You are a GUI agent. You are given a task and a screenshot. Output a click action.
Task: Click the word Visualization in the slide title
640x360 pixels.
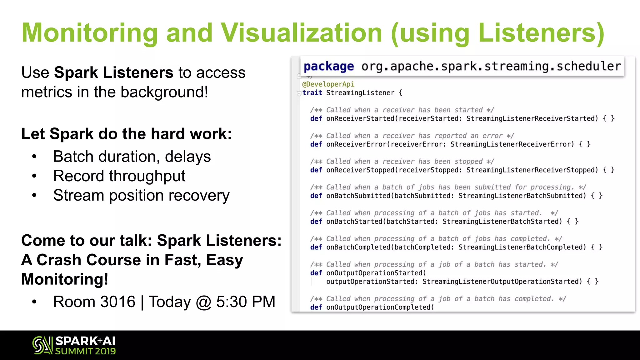click(301, 33)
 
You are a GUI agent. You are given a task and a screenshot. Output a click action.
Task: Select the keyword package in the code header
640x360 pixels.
click(329, 66)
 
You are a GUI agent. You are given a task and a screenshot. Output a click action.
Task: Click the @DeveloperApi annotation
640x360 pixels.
click(328, 84)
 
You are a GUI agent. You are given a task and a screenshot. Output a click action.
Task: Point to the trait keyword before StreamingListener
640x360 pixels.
click(312, 93)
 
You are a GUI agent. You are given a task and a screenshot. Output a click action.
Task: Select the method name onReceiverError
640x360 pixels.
click(357, 144)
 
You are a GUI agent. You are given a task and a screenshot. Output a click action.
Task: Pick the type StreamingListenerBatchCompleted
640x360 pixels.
click(522, 247)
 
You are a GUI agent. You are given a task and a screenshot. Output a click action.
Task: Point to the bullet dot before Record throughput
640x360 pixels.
click(34, 176)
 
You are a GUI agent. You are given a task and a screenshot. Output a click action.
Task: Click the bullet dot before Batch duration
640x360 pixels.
click(34, 157)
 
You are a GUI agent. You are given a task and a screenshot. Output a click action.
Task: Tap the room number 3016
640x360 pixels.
click(118, 302)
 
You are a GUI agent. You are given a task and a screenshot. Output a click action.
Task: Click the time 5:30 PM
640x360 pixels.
click(246, 302)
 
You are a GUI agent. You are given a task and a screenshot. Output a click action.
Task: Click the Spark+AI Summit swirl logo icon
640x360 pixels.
click(42, 345)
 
